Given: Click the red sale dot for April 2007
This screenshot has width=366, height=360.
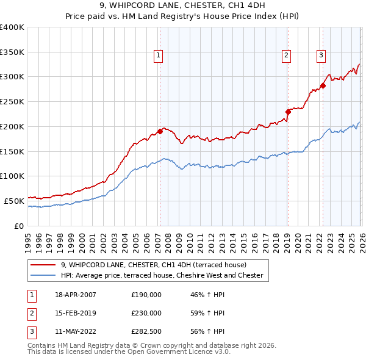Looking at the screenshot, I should tap(160, 131).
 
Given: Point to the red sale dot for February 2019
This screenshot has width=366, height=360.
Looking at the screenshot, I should tap(288, 112).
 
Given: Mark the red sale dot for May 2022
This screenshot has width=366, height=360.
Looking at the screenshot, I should tap(323, 85).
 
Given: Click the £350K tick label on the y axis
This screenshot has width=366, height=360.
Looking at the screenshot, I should tap(12, 52).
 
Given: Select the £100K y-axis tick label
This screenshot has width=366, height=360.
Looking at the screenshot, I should tap(12, 176).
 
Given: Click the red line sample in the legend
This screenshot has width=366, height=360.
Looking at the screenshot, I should tap(43, 265).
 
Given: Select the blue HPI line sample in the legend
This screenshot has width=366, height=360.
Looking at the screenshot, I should tap(43, 276).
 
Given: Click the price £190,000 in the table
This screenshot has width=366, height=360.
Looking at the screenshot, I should tap(146, 295).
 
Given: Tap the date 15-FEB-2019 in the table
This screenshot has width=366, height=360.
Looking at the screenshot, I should tap(76, 313).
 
